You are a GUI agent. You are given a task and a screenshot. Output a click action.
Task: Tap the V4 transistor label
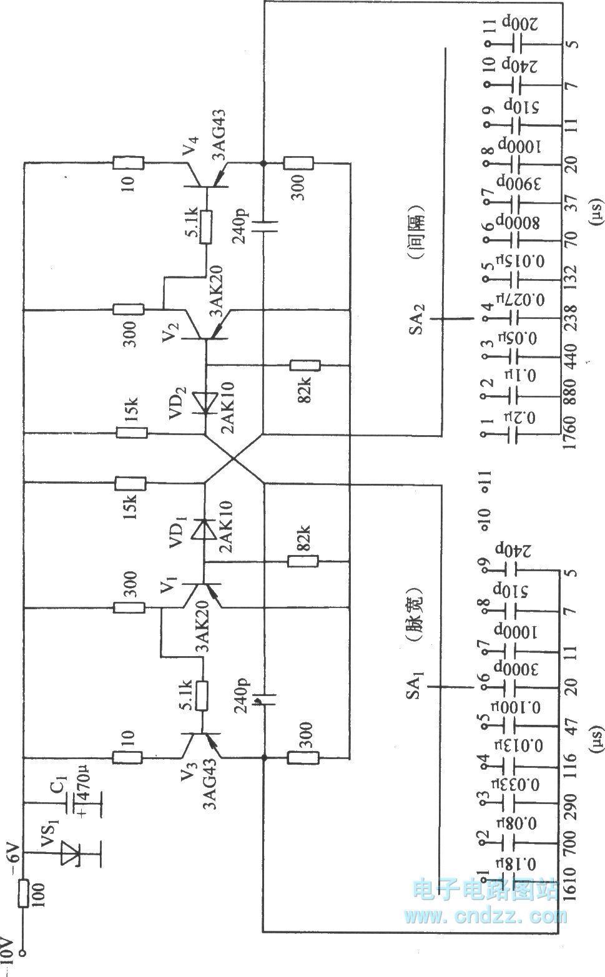pyautogui.click(x=188, y=147)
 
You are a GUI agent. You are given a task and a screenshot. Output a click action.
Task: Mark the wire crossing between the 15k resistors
pyautogui.click(x=234, y=458)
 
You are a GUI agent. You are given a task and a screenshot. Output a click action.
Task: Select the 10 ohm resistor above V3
pyautogui.click(x=127, y=758)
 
